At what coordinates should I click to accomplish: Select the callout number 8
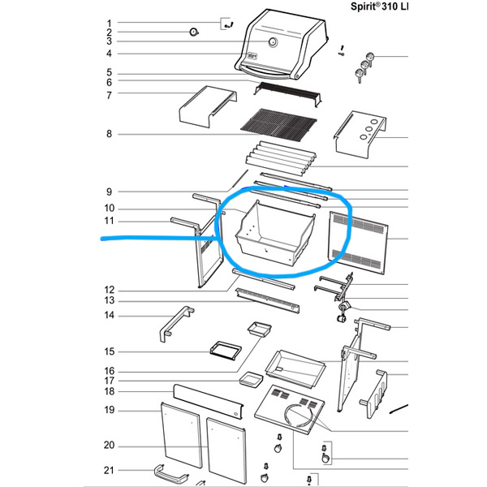pos(109,134)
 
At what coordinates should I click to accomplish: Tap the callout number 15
pos(109,351)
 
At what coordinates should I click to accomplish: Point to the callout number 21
pos(109,471)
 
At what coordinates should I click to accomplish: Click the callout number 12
pos(109,290)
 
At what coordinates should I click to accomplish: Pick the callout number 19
pos(109,411)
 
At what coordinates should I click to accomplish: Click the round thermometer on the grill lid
pos(274,42)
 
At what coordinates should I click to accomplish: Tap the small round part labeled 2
pos(194,32)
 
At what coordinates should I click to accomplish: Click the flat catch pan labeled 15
pos(226,350)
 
